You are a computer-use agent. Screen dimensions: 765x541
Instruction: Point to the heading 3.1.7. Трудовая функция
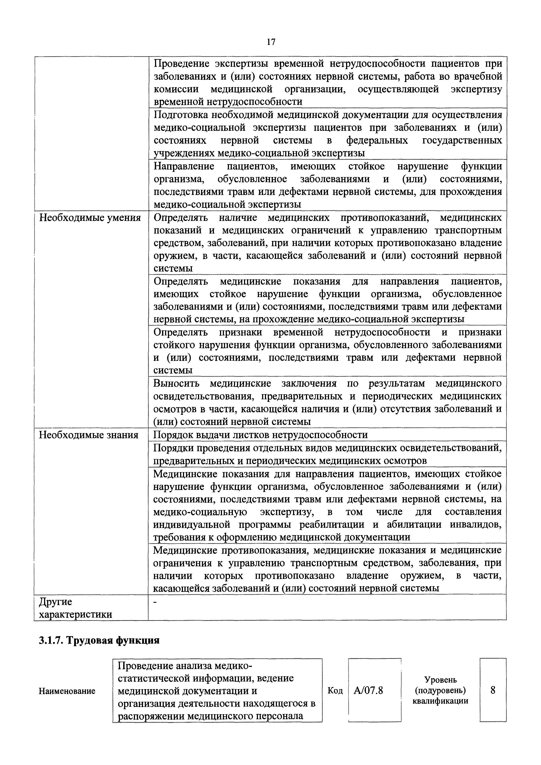(x=99, y=640)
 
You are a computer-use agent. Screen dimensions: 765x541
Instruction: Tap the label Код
(x=335, y=691)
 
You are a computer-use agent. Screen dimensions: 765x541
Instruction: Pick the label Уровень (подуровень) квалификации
(x=440, y=690)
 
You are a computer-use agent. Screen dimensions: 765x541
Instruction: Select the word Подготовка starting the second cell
(x=180, y=115)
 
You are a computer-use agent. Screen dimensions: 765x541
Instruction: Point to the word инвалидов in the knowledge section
(x=475, y=524)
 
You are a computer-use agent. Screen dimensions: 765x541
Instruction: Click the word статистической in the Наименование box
(x=158, y=678)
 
